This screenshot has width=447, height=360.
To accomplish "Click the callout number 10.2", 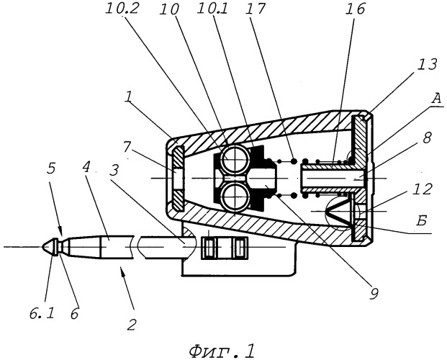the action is (x=122, y=9).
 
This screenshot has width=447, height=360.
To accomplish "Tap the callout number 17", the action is (x=255, y=9).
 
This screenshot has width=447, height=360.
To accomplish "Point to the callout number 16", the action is (x=355, y=9).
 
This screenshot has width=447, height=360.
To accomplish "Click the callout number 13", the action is (x=426, y=65).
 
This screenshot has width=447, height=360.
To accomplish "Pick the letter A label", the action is (x=436, y=99).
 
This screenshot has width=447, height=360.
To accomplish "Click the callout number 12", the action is (x=423, y=189).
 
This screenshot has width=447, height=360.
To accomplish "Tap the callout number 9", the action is (x=374, y=294).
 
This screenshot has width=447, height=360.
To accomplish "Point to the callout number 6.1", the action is (x=42, y=314).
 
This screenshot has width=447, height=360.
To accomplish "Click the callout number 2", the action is (x=132, y=325).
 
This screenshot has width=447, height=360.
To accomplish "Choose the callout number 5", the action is (x=51, y=169).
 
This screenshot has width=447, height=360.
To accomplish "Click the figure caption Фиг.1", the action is (x=222, y=351).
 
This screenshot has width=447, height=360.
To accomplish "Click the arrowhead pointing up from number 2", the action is (x=122, y=270).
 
